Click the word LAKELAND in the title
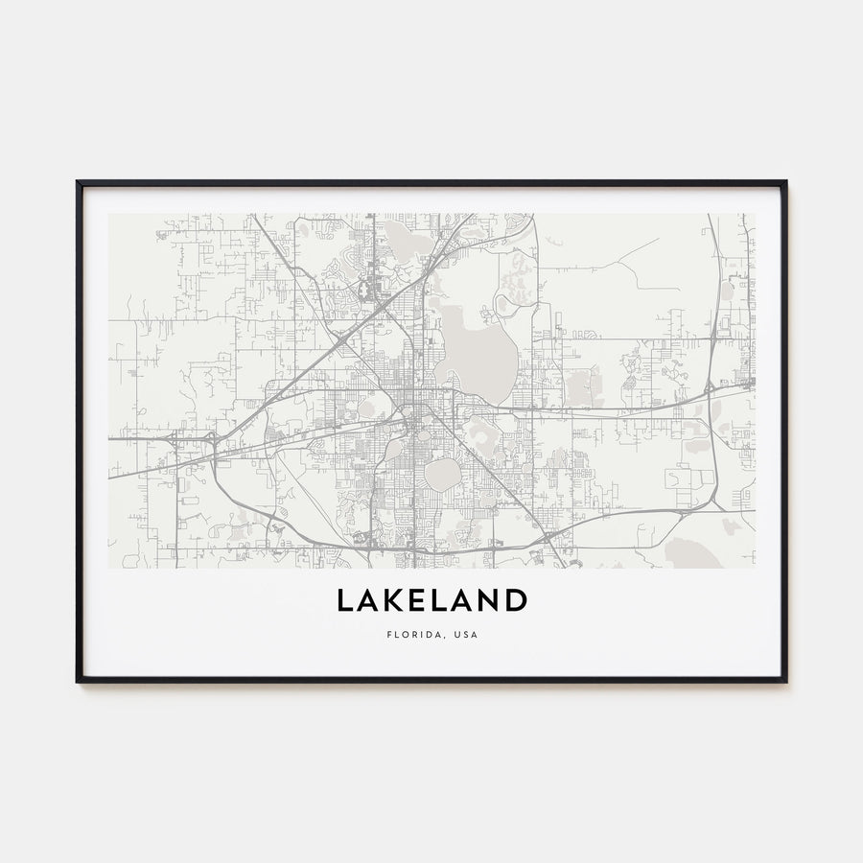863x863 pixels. coord(431,601)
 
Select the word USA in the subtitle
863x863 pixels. coord(466,634)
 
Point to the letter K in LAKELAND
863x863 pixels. coord(396,601)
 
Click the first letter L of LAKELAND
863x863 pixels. coord(343,601)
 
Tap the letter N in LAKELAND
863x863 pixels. coord(489,601)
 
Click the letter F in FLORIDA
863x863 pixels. coord(389,634)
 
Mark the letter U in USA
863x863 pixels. coord(457,634)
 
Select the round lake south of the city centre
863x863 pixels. coord(442,474)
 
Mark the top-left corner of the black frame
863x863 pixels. coord(78,182)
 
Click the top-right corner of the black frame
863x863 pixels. coord(785,182)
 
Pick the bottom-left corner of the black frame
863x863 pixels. coord(78,681)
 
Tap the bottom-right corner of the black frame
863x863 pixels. coord(785,681)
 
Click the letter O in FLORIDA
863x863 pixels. coord(407,634)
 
